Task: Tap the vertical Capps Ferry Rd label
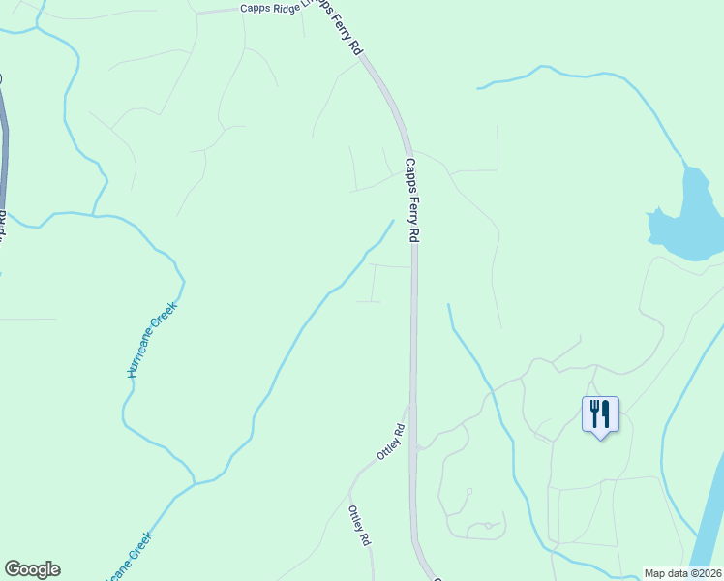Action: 412,199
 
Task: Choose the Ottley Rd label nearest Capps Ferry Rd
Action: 389,443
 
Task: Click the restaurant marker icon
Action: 600,415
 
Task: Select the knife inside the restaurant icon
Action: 607,413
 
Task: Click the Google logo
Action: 32,569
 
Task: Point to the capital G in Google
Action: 13,568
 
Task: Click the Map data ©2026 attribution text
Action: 683,573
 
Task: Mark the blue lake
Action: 689,223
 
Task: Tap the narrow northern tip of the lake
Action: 689,172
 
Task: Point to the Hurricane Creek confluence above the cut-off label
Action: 196,481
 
